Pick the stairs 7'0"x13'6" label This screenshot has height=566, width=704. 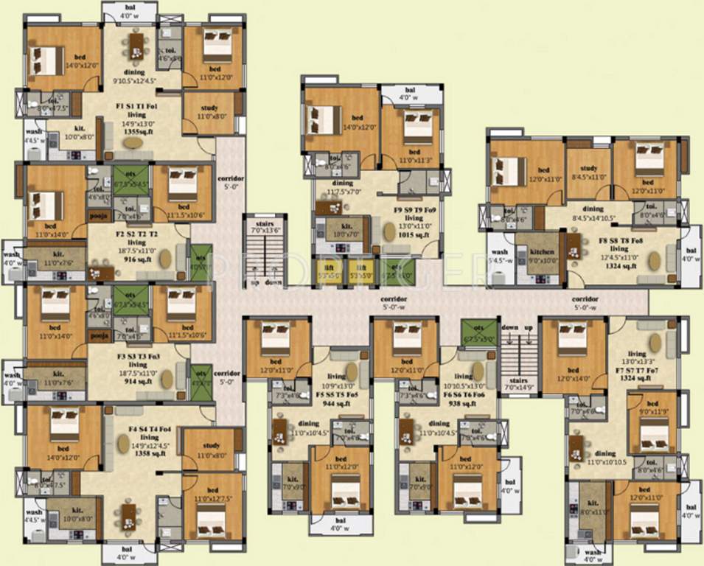pyautogui.click(x=265, y=226)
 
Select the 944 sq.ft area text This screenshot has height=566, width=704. pyautogui.click(x=335, y=403)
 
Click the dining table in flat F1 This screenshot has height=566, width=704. pyautogui.click(x=136, y=46)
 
